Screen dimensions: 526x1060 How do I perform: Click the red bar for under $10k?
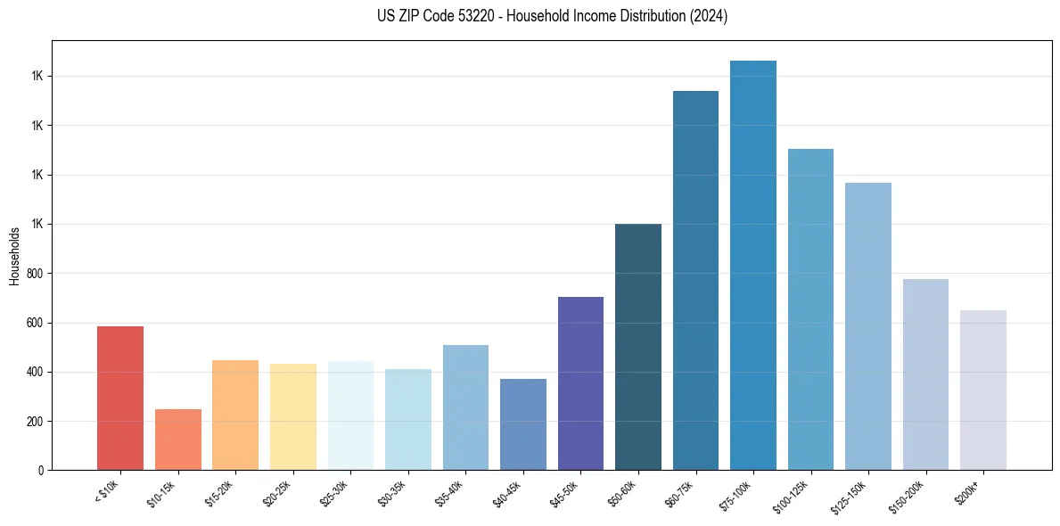120,399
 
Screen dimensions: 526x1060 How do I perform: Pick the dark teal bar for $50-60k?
638,347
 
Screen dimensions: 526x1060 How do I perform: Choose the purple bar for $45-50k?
580,383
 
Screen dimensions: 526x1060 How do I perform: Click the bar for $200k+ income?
983,390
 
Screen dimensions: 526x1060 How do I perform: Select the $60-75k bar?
695,281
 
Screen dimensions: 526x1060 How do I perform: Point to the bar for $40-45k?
523,424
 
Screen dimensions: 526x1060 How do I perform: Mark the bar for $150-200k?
925,374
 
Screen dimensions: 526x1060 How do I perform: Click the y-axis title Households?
14,256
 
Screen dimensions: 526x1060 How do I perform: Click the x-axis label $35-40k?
449,493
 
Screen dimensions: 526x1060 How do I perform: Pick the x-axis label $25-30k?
334,493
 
